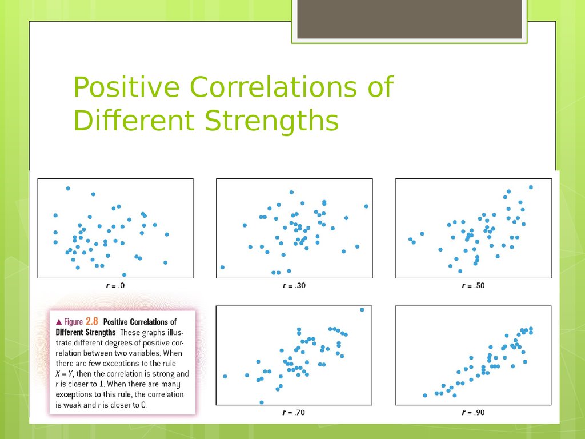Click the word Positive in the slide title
(x=126, y=87)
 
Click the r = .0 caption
(x=115, y=286)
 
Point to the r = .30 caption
(x=294, y=286)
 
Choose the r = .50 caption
(x=473, y=286)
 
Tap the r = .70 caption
(x=294, y=413)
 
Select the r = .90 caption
(x=473, y=413)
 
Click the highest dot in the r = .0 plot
(x=68, y=189)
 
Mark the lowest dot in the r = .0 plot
(x=124, y=275)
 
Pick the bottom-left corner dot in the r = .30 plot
(x=222, y=268)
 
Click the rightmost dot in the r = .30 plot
(x=366, y=206)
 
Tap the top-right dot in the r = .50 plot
(x=531, y=187)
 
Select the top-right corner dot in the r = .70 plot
(x=362, y=310)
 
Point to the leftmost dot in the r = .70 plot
(x=225, y=376)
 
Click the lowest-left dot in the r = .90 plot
(x=425, y=396)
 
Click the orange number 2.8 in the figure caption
(x=92, y=321)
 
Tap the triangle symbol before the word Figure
(x=59, y=322)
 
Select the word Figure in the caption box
(x=73, y=322)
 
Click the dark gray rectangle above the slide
(x=409, y=19)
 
